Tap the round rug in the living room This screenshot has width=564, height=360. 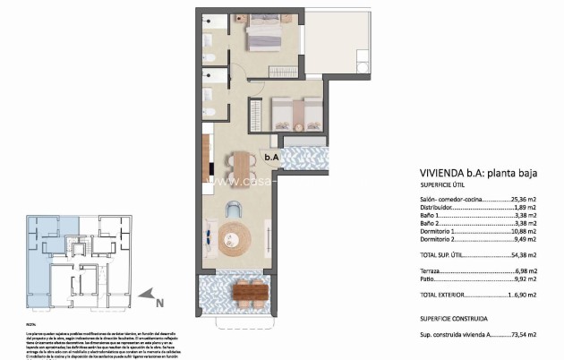tap(235, 237)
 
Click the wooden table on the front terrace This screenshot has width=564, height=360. tap(250, 291)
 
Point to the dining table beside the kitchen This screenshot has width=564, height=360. tap(240, 164)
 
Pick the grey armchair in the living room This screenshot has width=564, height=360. tap(233, 209)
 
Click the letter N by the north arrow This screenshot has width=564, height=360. tap(159, 302)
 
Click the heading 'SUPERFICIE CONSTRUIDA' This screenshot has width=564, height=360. tap(453, 318)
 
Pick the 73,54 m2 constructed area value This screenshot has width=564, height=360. tap(524, 334)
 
